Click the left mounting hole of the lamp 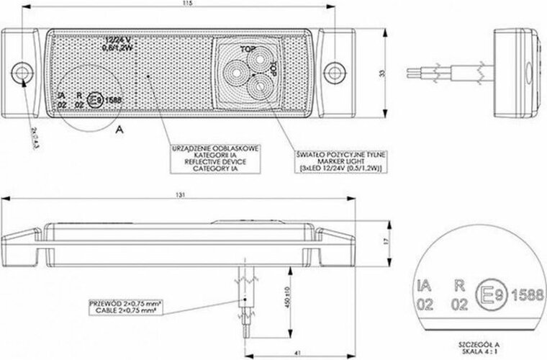[x=24, y=71]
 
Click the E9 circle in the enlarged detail [x=490, y=294]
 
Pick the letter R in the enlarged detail [x=456, y=284]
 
